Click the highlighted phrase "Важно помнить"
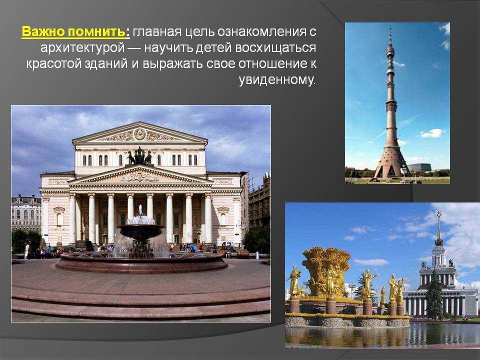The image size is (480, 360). [74, 32]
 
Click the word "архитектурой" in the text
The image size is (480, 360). [82, 48]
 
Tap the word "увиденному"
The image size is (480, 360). [276, 80]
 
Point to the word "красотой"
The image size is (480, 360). [53, 63]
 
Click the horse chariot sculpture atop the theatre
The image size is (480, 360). [139, 156]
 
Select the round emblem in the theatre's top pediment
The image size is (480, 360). [139, 134]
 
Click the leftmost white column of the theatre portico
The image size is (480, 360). [72, 218]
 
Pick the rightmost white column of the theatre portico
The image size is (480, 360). [208, 218]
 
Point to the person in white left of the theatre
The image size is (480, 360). [27, 251]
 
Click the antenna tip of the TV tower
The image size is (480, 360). [390, 27]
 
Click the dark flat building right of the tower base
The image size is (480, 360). [420, 167]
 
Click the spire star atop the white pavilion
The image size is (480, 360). [439, 213]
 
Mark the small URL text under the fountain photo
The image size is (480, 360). [304, 347]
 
